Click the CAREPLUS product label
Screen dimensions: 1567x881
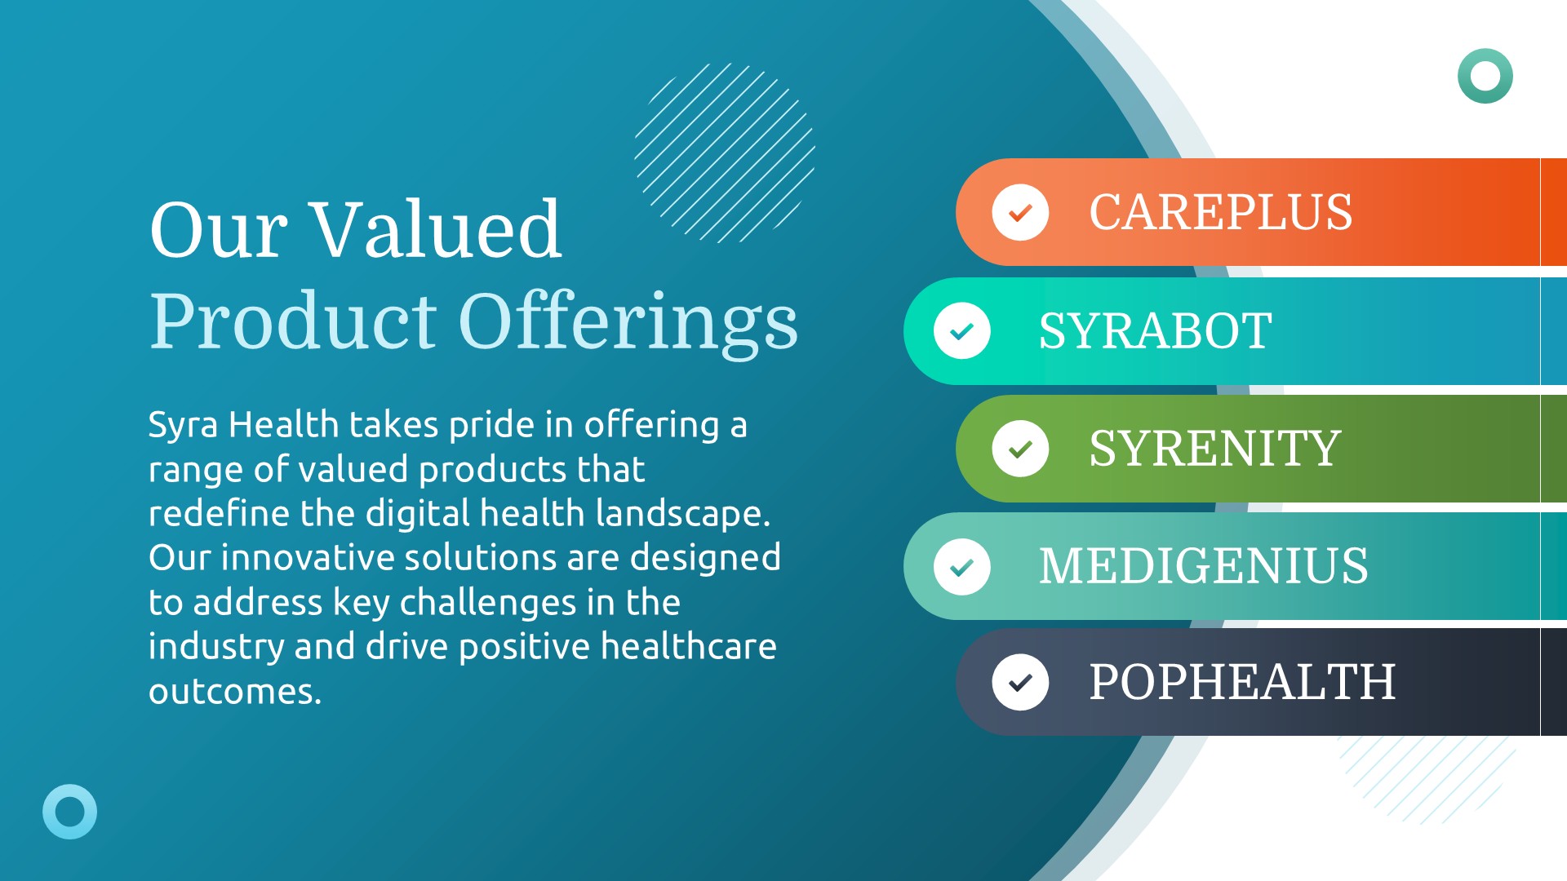pyautogui.click(x=1220, y=212)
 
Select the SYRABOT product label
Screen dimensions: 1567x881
pyautogui.click(x=1155, y=331)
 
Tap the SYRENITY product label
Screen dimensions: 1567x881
pyautogui.click(x=1214, y=449)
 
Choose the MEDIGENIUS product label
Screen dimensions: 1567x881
pyautogui.click(x=1203, y=566)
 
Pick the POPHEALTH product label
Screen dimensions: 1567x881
pyautogui.click(x=1242, y=682)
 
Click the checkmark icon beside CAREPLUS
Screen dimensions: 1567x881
pyautogui.click(x=1020, y=212)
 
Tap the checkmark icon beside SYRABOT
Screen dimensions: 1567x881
pyautogui.click(x=962, y=331)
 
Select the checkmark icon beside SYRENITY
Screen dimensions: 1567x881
pyautogui.click(x=1020, y=449)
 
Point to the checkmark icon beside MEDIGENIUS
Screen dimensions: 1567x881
pyautogui.click(x=962, y=566)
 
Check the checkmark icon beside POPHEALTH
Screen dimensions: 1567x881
pyautogui.click(x=1020, y=682)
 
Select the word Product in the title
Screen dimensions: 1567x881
pyautogui.click(x=293, y=321)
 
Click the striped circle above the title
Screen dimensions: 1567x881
pyautogui.click(x=725, y=153)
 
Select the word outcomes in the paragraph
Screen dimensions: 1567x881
pyautogui.click(x=235, y=692)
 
